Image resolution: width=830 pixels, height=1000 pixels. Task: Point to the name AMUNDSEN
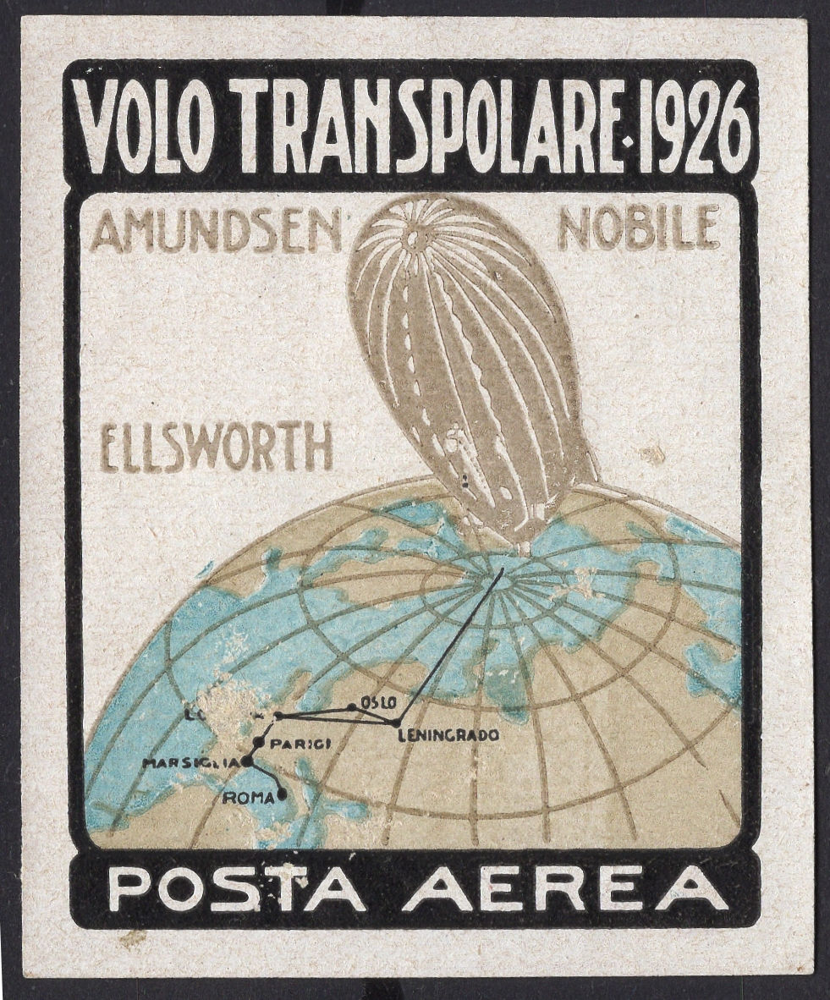[x=215, y=230]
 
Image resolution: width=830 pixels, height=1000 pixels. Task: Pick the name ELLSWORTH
[x=217, y=448]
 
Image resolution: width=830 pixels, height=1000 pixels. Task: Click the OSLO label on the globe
[x=378, y=702]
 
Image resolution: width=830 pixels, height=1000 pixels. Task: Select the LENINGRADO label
[x=448, y=735]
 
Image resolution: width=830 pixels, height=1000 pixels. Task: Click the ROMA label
[x=249, y=796]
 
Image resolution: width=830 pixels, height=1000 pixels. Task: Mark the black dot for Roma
[x=282, y=794]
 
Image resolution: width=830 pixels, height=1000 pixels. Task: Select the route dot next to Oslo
[x=352, y=708]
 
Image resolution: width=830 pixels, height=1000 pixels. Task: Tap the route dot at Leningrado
[x=396, y=723]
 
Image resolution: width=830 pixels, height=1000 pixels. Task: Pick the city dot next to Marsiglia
[x=247, y=761]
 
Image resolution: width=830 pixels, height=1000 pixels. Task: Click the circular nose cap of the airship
[x=415, y=240]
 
